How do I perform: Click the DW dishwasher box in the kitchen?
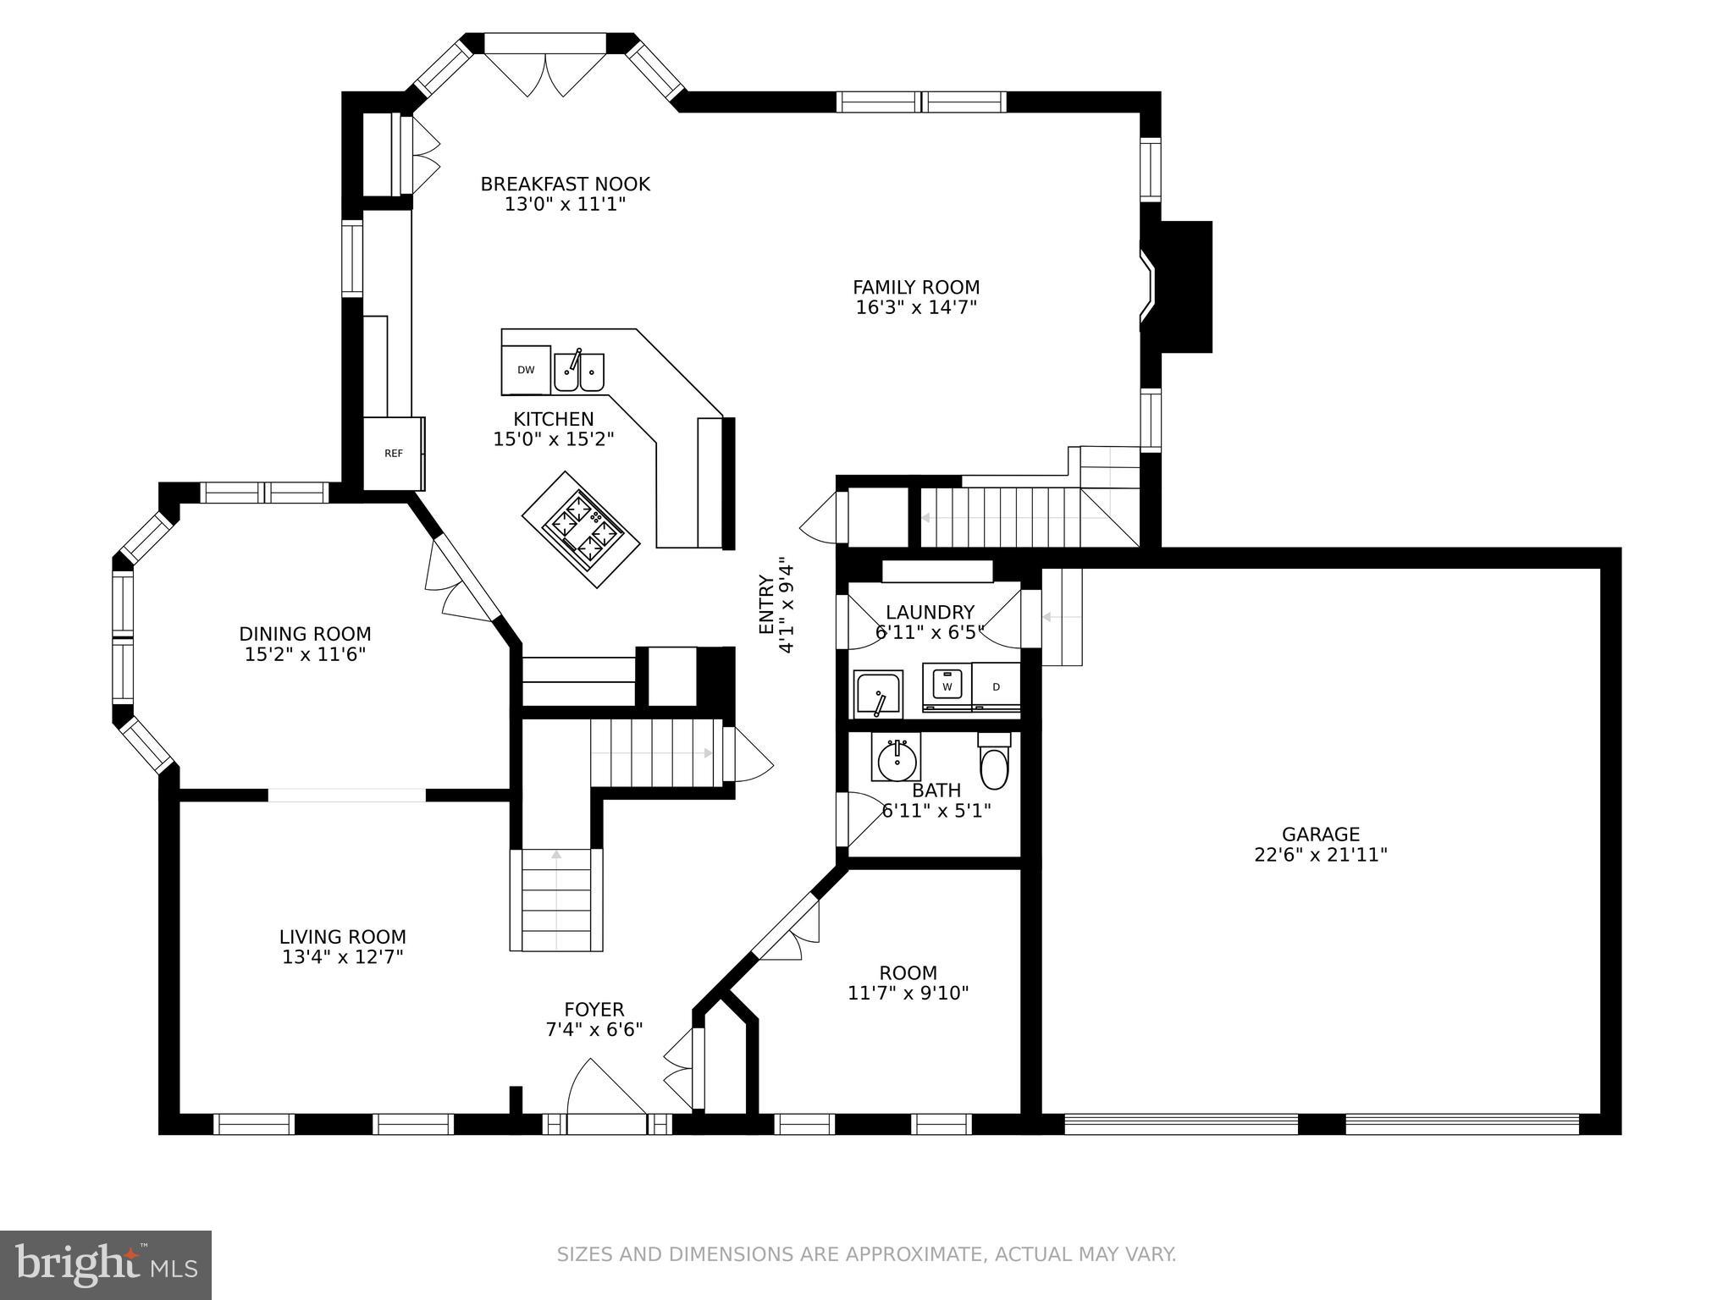526,370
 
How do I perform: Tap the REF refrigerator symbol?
394,454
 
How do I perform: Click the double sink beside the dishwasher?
579,371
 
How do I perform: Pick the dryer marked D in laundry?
996,687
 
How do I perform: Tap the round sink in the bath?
897,759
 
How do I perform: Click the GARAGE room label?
1320,835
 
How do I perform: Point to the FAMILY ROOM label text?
916,288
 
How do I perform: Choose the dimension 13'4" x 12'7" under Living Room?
343,957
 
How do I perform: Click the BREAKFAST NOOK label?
565,185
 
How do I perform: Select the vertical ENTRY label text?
766,604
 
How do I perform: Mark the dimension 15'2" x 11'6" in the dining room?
305,654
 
